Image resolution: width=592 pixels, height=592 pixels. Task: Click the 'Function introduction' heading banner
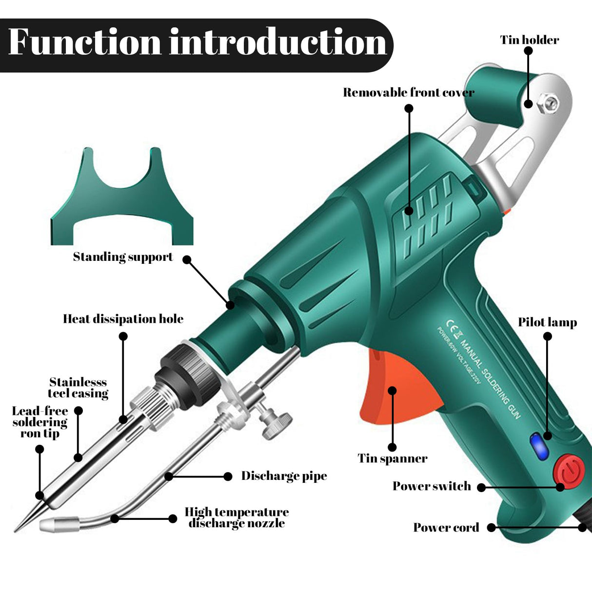point(197,43)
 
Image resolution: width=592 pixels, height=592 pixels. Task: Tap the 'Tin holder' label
point(530,40)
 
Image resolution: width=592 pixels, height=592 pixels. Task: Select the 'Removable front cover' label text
point(409,93)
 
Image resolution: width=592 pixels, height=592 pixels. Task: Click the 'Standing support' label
point(123,257)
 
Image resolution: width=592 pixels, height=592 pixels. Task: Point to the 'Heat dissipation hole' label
point(123,319)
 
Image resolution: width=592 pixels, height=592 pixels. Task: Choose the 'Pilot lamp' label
point(547,322)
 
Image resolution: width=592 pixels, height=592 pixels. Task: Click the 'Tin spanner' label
point(393,458)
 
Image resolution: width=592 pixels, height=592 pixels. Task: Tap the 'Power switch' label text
point(432,486)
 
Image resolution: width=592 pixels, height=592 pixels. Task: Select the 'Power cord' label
point(446,528)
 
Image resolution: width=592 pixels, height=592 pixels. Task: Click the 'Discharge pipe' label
point(284,476)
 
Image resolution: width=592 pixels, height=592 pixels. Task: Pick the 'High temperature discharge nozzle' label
point(237,517)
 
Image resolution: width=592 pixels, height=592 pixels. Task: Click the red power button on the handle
point(569,470)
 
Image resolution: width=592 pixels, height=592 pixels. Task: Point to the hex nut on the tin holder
point(551,103)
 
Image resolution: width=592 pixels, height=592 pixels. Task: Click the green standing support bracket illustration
point(122,205)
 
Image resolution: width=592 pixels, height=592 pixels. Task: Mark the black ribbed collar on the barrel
point(185,371)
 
